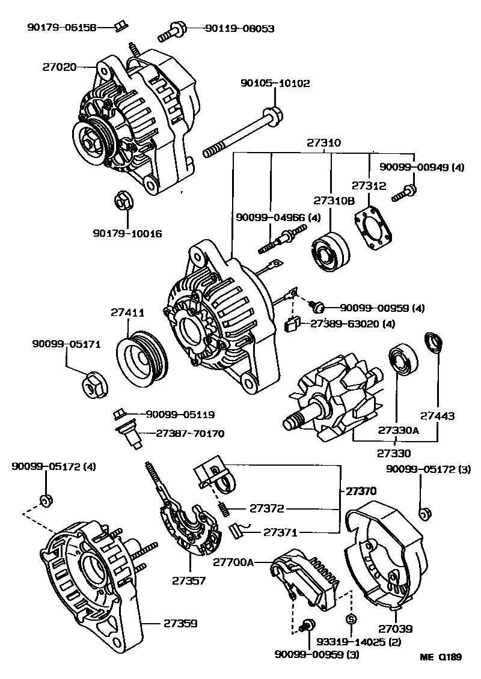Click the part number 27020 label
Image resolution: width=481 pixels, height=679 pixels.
click(59, 67)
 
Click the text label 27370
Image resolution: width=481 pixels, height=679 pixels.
click(361, 491)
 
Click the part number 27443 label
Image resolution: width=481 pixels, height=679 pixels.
click(437, 415)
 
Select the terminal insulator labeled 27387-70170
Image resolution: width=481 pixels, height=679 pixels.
click(129, 435)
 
